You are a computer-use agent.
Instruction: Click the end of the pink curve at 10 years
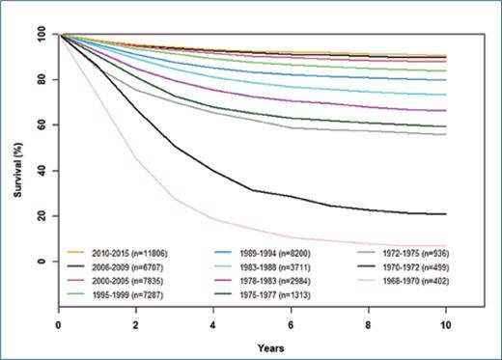(x=444, y=247)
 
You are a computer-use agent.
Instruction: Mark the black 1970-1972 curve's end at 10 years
(x=444, y=214)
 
